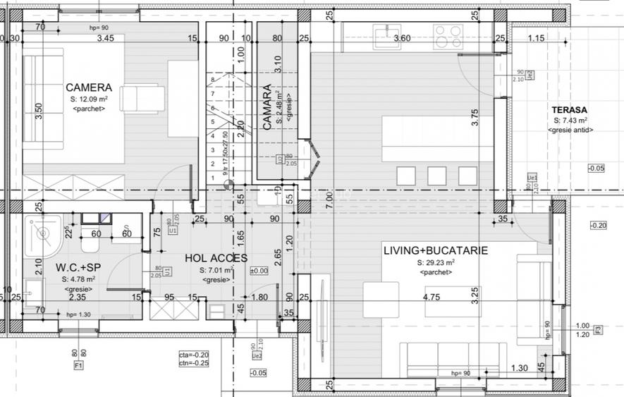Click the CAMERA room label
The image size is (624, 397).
[x=88, y=88]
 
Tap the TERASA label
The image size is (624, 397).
[x=570, y=110]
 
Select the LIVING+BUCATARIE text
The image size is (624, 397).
[x=435, y=251]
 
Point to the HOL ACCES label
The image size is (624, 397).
[x=216, y=259]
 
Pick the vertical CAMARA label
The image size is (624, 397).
[x=267, y=108]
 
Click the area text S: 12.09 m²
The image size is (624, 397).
[x=89, y=99]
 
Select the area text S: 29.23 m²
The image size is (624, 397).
[x=436, y=263]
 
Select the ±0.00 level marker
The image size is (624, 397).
[x=259, y=271]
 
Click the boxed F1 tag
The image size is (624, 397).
[x=78, y=366]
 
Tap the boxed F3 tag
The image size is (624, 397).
[x=598, y=329]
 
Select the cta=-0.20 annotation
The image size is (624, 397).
[x=194, y=355]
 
